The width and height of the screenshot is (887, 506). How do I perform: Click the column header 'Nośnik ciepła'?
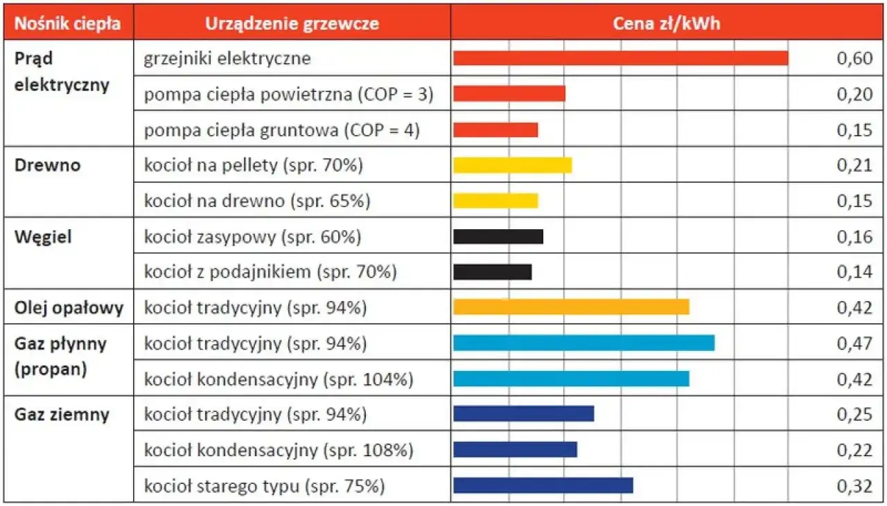click(68, 24)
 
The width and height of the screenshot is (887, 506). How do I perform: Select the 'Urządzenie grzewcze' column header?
click(292, 24)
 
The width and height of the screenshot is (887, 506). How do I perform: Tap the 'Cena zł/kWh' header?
click(666, 24)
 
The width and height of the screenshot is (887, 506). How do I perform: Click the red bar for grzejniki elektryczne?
click(620, 58)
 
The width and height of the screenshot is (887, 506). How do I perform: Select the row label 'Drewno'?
click(47, 165)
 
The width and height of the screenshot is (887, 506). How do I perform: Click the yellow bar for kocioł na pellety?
click(512, 165)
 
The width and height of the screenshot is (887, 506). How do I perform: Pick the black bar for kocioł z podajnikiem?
click(492, 272)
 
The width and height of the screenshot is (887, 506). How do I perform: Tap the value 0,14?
click(854, 272)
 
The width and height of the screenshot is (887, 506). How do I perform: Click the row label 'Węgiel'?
click(43, 237)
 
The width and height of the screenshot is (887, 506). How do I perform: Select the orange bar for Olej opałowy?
click(571, 307)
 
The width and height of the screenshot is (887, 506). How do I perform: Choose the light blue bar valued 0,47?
click(583, 343)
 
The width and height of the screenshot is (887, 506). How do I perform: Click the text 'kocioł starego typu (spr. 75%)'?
click(264, 486)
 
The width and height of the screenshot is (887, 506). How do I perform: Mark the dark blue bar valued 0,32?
click(543, 485)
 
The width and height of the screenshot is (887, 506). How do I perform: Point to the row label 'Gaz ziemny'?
click(62, 415)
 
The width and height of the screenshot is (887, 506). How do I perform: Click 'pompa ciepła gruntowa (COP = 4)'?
click(281, 130)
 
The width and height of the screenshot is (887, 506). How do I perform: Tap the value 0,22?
click(854, 450)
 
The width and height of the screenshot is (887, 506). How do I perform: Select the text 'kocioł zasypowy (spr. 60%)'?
click(252, 237)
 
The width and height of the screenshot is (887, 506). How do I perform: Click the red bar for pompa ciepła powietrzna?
click(509, 94)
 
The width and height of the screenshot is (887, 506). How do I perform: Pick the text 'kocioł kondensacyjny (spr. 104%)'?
click(279, 379)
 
